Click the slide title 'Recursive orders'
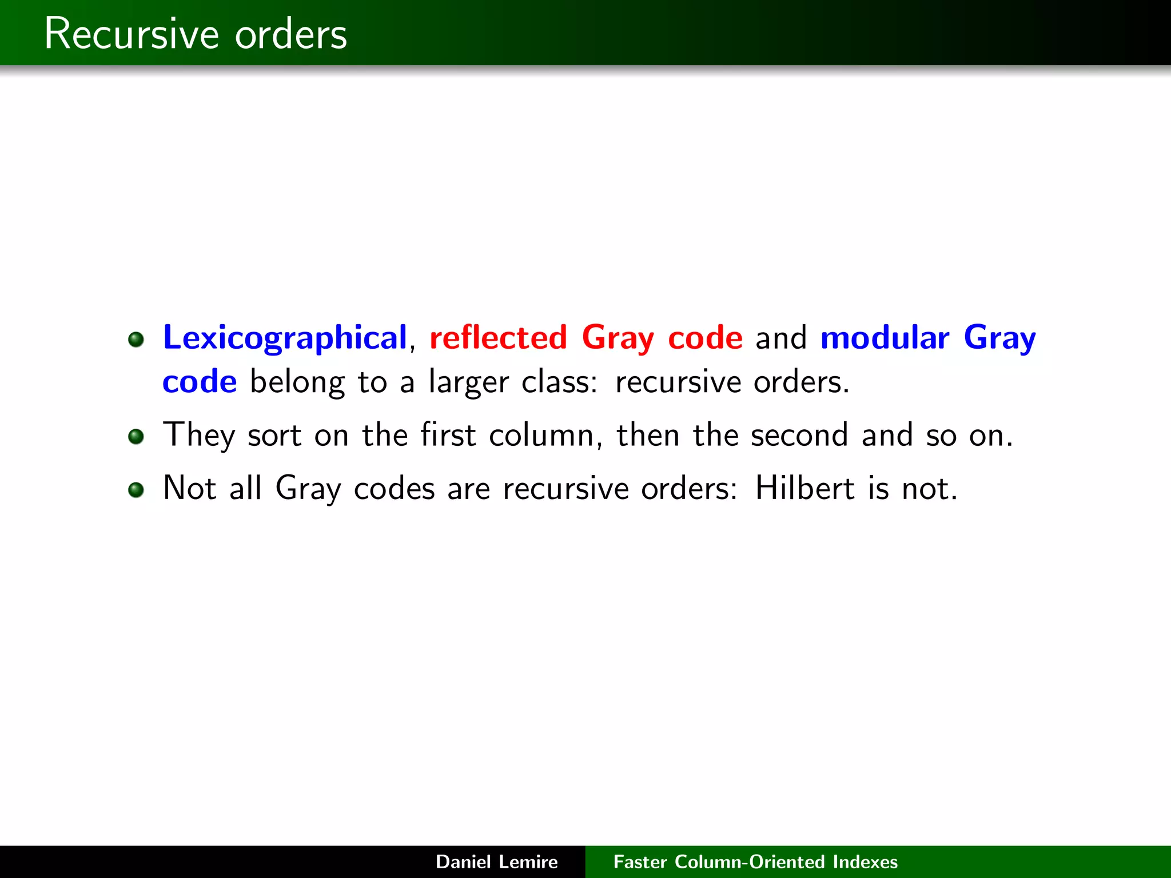[195, 34]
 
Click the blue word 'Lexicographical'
[285, 337]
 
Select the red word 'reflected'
[498, 337]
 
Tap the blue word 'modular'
[885, 337]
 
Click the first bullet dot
[136, 340]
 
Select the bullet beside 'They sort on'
[136, 437]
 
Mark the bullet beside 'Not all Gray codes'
[136, 490]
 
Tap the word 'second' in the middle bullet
[799, 436]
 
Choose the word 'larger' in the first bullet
[468, 382]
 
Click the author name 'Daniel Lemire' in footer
[496, 861]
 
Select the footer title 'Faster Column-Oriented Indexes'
[755, 861]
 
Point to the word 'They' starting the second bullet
[198, 436]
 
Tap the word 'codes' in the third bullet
[394, 489]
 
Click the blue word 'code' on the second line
[200, 382]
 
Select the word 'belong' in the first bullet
[297, 382]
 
